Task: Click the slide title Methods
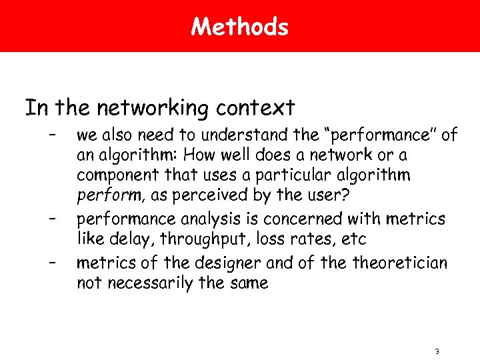[239, 27]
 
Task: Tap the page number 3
[436, 351]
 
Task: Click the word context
[257, 107]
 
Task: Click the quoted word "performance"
[379, 135]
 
